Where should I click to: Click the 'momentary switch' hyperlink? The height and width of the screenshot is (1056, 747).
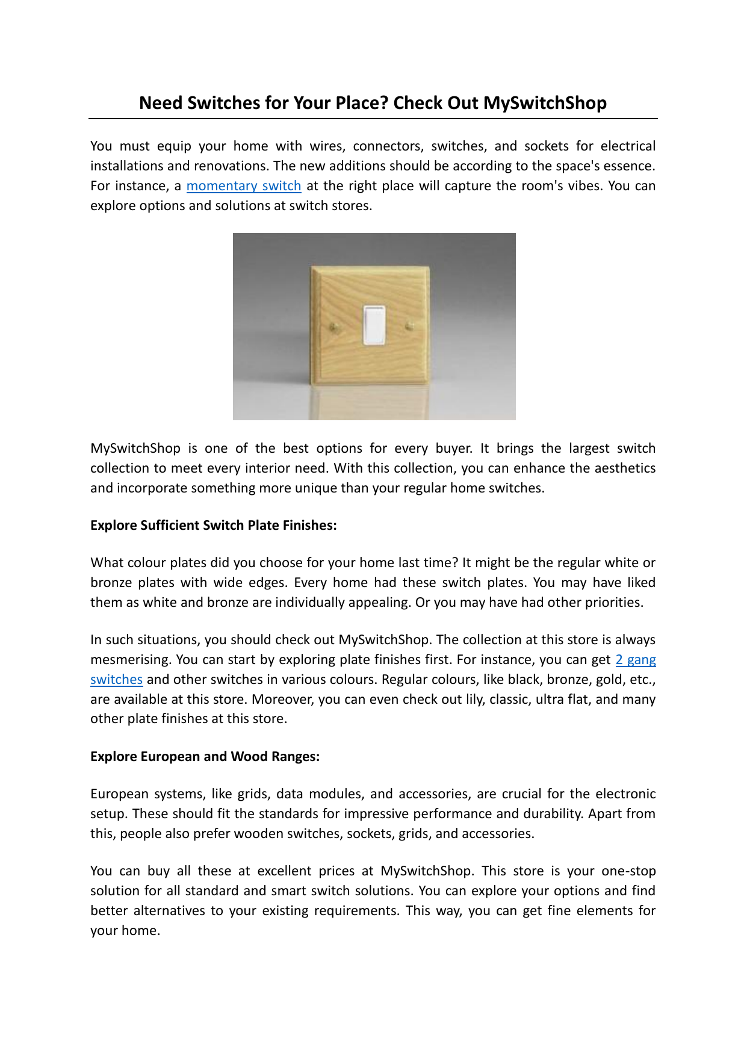coord(243,186)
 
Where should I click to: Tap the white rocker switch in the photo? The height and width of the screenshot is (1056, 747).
coord(374,326)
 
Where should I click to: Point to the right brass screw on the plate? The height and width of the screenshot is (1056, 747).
coord(410,326)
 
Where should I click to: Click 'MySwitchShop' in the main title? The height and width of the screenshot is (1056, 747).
coord(545,103)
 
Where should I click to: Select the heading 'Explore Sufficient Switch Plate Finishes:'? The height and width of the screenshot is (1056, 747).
coord(213,526)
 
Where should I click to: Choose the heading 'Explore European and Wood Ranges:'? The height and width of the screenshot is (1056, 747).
coord(205,757)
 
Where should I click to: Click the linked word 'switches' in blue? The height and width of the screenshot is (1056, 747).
coord(116,680)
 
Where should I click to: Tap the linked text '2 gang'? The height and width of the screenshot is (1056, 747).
coord(635,660)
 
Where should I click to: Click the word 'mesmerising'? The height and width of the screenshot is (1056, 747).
coord(129,660)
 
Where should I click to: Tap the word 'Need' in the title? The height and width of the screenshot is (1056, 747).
coord(161,103)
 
